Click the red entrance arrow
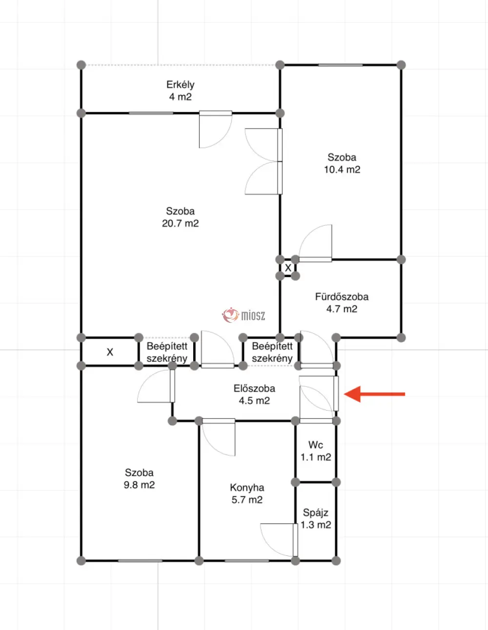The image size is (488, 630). coord(374,394)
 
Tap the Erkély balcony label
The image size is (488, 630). coord(180,85)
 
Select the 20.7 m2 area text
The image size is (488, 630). coord(180,223)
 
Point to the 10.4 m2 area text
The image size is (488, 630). coord(342,169)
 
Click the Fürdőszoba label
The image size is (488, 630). coord(342,296)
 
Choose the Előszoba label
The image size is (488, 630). coord(254,388)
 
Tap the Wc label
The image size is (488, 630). coord(316,444)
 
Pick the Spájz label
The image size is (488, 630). coord(316,512)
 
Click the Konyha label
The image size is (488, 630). coord(247,488)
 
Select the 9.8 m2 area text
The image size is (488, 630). coord(139,485)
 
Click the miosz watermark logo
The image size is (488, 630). coord(244,315)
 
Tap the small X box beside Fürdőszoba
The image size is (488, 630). coord(288,268)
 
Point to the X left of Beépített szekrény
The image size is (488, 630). coord(110,352)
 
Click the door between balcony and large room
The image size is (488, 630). coord(216,129)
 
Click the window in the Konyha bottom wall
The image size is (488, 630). coord(247,561)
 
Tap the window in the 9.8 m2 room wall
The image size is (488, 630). coord(140,561)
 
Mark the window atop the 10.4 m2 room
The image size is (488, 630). coord(341,65)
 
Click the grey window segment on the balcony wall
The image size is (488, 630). coord(151,113)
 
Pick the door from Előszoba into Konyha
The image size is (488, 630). coord(219,437)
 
